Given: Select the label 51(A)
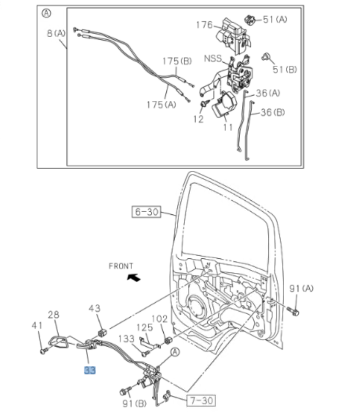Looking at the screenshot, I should coord(275,19).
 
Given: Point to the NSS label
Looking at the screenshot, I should coord(213,59).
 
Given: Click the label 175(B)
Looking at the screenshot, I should coord(177,61).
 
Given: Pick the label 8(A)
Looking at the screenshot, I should coord(56,33).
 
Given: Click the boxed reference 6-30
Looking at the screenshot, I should coord(145,213).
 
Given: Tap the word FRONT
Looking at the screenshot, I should coord(121,266).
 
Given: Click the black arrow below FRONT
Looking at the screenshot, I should coord(134,278).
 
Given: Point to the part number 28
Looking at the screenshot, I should coord(54,315).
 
